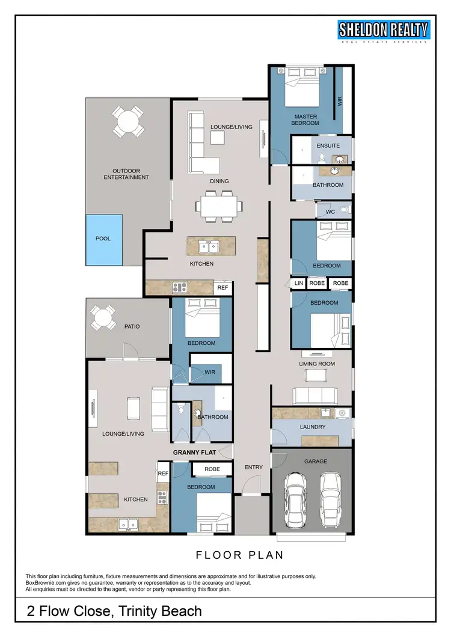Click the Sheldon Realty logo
point(384,31)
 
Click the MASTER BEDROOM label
point(305,120)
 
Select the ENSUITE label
point(328,145)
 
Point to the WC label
point(330,212)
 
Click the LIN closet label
point(299,283)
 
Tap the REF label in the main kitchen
point(222,288)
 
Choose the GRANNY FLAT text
point(194,453)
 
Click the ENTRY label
point(253,467)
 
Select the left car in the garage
point(295,498)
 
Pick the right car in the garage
point(330,498)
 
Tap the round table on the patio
point(103,317)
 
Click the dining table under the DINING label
point(219,206)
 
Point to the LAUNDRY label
point(312,427)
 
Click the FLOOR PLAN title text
point(240,555)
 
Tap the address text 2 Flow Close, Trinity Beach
point(114,612)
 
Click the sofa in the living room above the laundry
point(314,395)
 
